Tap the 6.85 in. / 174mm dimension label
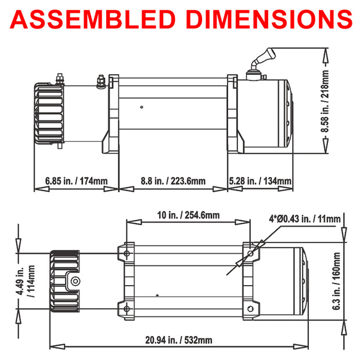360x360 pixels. pos(76,181)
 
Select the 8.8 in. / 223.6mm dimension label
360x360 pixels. pos(172,181)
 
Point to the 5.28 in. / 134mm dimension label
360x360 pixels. pos(260,181)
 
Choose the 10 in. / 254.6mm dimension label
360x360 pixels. pos(189,215)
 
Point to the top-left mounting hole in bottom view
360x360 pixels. pos(127,253)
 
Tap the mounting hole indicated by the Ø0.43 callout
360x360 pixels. pos(250,254)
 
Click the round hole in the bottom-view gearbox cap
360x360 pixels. pos(74,282)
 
